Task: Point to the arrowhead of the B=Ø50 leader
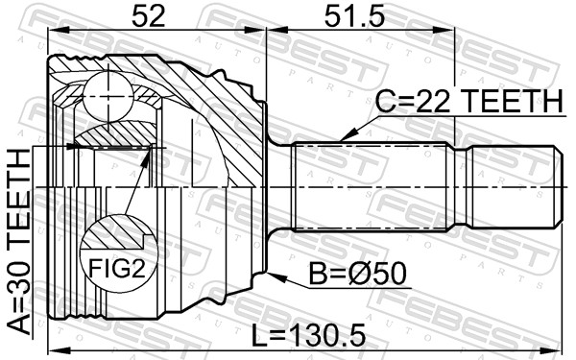[272, 276]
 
